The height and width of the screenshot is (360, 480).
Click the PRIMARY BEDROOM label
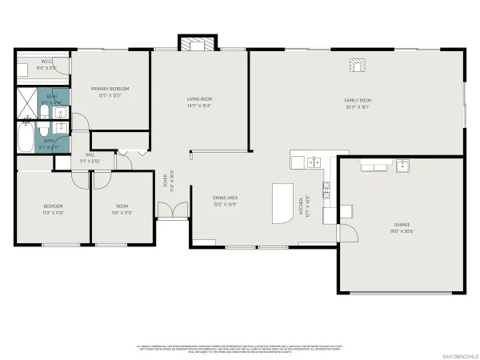110,88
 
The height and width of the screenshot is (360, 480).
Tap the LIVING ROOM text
199,98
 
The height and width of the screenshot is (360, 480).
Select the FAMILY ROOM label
358,100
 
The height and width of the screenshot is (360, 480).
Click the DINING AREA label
226,198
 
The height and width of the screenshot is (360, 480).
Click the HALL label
90,155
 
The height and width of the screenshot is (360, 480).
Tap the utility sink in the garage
402,166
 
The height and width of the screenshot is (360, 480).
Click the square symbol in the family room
355,65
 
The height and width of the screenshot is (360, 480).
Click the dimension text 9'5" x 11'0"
121,214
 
